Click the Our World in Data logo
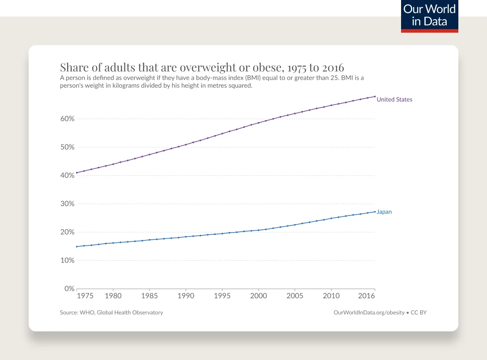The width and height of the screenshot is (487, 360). (x=429, y=16)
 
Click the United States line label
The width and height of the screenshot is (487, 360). (x=394, y=99)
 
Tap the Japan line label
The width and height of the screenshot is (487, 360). (x=384, y=212)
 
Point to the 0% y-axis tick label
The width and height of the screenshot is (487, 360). (x=69, y=289)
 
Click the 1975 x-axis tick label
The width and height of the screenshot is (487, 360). (x=85, y=296)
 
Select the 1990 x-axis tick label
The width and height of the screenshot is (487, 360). (x=185, y=296)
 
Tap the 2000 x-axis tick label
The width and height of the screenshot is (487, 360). (x=258, y=296)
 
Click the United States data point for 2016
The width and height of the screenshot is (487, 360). (x=375, y=97)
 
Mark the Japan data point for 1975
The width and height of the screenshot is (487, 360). (x=77, y=246)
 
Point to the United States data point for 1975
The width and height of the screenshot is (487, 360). (x=77, y=173)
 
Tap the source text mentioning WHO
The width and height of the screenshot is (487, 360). (x=111, y=313)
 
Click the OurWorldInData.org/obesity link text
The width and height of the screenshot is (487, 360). (x=369, y=313)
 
